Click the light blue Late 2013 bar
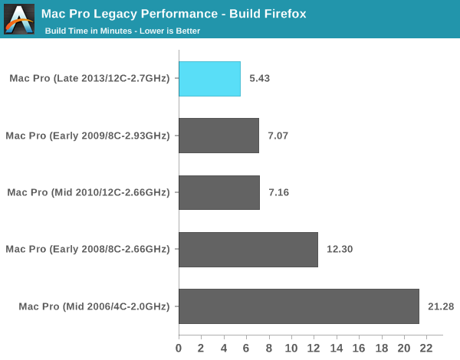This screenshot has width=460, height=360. point(209,79)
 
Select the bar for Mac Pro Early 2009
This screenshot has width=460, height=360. point(219,136)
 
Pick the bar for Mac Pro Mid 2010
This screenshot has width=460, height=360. point(219,192)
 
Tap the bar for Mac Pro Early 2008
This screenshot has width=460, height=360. point(248,250)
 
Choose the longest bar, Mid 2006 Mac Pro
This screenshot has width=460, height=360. point(299,306)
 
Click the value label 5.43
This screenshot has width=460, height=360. point(259,79)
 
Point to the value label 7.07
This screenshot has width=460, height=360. point(278,136)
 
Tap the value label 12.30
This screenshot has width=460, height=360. point(340,250)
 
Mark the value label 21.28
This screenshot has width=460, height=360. point(441,306)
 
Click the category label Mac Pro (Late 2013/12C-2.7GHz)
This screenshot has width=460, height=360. point(90,79)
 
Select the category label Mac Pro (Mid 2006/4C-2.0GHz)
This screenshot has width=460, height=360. point(94,306)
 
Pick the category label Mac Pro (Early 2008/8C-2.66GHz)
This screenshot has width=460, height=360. point(87,250)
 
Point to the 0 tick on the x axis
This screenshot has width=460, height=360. point(179,348)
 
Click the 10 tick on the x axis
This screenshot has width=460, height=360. point(291,348)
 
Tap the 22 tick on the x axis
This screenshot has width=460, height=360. point(427,348)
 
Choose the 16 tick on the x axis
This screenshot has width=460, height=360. point(360,348)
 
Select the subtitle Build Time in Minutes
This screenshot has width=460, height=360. point(90,31)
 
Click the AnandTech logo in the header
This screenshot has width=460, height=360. point(19,18)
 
